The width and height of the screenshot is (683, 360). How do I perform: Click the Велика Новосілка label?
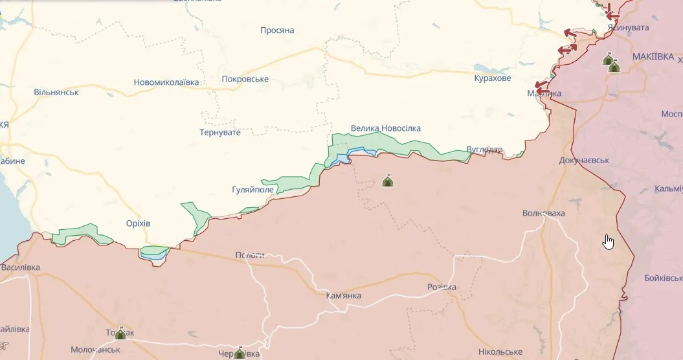pyautogui.click(x=385, y=128)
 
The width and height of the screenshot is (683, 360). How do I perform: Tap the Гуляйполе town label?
pyautogui.click(x=252, y=190)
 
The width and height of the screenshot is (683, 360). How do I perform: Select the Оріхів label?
pyautogui.click(x=139, y=223)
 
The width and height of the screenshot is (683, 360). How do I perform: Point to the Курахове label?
pyautogui.click(x=492, y=78)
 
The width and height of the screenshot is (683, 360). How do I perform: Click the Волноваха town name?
pyautogui.click(x=544, y=213)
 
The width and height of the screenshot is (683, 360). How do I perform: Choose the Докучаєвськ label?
pyautogui.click(x=584, y=160)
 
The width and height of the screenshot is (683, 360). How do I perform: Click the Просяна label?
pyautogui.click(x=277, y=30)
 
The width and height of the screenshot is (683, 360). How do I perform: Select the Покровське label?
pyautogui.click(x=245, y=79)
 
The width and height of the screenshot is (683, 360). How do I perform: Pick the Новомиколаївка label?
pyautogui.click(x=166, y=82)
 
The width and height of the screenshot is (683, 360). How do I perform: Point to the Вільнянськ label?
pyautogui.click(x=56, y=92)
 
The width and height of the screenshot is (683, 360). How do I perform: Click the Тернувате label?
pyautogui.click(x=220, y=132)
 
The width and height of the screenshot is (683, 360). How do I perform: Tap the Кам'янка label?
pyautogui.click(x=344, y=296)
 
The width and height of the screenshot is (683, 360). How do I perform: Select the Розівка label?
pyautogui.click(x=442, y=287)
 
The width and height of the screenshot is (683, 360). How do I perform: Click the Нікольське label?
pyautogui.click(x=500, y=352)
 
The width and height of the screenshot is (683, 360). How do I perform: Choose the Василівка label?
pyautogui.click(x=20, y=267)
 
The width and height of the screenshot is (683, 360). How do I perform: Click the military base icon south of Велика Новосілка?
pyautogui.click(x=388, y=181)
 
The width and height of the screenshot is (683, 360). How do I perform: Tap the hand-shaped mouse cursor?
pyautogui.click(x=609, y=242)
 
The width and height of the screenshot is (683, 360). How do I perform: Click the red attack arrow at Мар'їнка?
pyautogui.click(x=539, y=85)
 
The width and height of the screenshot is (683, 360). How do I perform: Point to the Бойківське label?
pyautogui.click(x=663, y=278)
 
